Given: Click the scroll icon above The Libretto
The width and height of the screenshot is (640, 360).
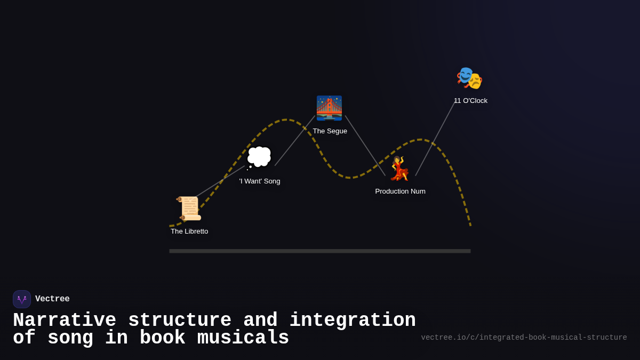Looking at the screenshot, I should (x=189, y=209).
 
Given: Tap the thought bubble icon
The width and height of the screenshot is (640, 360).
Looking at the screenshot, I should (x=259, y=157).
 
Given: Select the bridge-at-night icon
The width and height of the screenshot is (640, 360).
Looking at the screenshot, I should (x=329, y=108).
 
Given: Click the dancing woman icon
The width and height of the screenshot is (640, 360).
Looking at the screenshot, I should (x=399, y=169).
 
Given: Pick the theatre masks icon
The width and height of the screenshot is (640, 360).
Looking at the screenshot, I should (x=469, y=78).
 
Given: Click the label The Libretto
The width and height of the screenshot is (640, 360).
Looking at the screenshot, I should (x=189, y=231).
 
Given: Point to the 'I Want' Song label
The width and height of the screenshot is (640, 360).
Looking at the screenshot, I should (x=260, y=181).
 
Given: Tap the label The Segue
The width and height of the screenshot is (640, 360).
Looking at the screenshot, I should (x=330, y=131).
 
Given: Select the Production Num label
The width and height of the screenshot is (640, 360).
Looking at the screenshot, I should (x=400, y=191).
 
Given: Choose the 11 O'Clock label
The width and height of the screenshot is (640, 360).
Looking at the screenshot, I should (x=470, y=101).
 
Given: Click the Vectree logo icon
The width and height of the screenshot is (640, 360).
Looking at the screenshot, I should (x=22, y=299).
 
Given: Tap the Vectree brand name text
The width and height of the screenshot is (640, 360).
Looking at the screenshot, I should (x=52, y=299).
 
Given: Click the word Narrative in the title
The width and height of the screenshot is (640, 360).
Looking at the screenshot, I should (x=65, y=321).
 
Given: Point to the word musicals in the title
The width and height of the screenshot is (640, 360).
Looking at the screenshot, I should (x=243, y=338).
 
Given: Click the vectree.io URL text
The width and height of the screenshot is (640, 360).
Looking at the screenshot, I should (x=524, y=338).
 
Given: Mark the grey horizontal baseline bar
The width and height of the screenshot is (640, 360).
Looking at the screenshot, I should (x=320, y=251).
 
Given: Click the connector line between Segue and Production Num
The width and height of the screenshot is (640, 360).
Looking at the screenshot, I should (x=365, y=145).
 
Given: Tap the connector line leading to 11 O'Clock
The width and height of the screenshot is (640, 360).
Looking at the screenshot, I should (x=435, y=139).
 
